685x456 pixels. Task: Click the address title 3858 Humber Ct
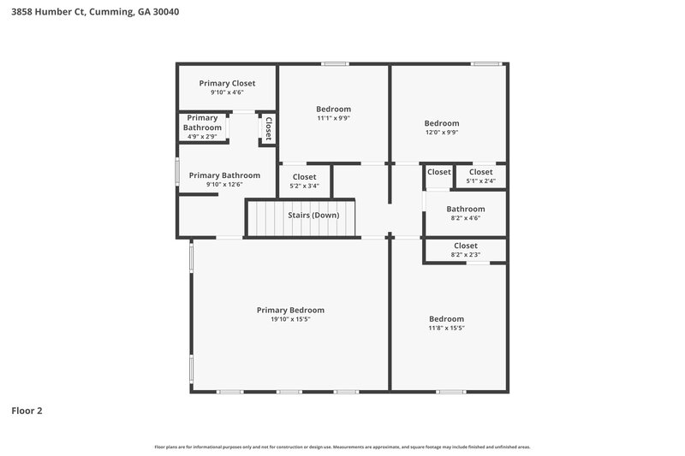tap(95, 13)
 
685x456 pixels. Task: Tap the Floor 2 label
tap(27, 411)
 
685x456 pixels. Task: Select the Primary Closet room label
tap(227, 83)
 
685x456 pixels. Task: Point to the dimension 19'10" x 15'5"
tap(291, 319)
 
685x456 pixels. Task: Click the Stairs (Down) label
tap(313, 215)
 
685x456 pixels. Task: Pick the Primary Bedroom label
tap(291, 310)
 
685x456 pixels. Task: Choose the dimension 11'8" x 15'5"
tap(446, 328)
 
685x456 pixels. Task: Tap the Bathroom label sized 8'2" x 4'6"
tap(466, 209)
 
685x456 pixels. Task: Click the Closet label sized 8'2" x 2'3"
tap(466, 246)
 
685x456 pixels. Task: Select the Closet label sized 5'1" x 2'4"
tap(480, 172)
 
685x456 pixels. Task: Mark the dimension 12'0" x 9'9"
tap(442, 133)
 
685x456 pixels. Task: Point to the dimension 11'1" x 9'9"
tap(333, 118)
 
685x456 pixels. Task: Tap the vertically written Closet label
tap(268, 128)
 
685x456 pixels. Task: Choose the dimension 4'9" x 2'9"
tap(202, 136)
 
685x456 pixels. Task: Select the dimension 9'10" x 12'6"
tap(224, 185)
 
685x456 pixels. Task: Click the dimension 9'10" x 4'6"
tap(227, 92)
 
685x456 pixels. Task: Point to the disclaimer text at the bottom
tap(342, 447)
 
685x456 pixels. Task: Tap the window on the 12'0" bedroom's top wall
tap(486, 63)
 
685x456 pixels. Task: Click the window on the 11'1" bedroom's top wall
tap(335, 63)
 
